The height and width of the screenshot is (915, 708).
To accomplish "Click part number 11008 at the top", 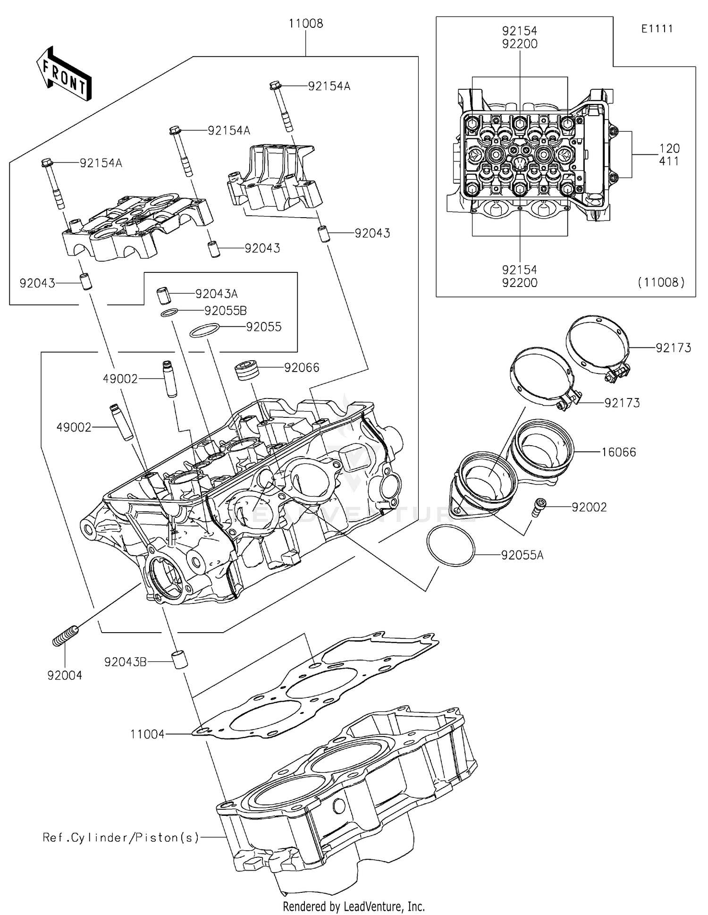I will click(306, 24).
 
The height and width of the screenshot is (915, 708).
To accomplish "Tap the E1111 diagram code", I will click(657, 29).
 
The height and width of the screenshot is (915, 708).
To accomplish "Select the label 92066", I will click(301, 367).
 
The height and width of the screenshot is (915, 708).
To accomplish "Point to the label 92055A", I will click(522, 555).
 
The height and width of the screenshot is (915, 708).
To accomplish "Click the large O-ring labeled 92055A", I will click(450, 545).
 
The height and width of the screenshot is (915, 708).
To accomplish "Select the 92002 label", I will click(589, 507).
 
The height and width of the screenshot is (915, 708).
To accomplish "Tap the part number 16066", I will click(618, 452).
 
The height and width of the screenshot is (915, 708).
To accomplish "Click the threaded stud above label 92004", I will click(65, 635).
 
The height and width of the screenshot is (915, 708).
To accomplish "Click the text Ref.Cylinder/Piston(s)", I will click(121, 838).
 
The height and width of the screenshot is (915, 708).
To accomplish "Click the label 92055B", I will click(225, 311).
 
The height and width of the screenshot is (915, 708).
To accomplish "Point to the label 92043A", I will click(216, 294).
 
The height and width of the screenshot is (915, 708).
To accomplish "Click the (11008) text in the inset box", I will click(661, 282).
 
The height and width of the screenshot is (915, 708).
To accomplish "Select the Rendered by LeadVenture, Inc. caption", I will click(354, 906).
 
